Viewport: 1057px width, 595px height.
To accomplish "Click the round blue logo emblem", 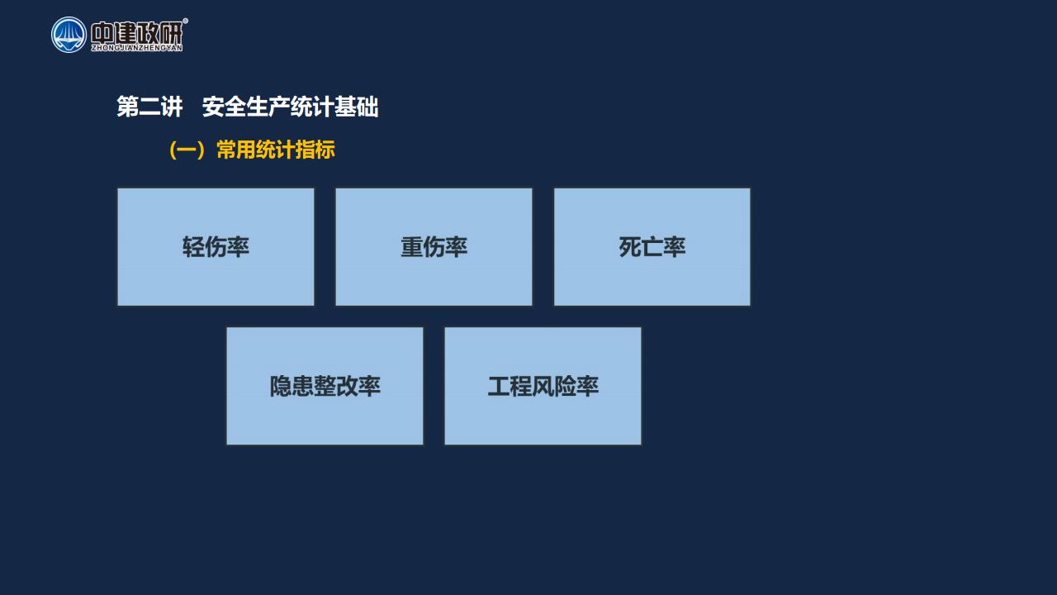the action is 69,35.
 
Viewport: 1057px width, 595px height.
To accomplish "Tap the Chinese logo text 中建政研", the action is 136,32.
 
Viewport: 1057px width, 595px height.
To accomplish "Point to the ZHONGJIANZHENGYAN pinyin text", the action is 137,48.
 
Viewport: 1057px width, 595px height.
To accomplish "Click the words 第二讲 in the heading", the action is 149,107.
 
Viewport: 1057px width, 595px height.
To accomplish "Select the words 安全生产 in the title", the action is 246,107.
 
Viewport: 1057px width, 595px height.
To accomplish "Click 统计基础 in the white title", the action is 334,107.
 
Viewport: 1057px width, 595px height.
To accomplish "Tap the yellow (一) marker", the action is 187,150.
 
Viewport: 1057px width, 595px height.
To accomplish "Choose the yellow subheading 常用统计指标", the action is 276,150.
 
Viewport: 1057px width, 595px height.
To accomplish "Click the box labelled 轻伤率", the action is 216,247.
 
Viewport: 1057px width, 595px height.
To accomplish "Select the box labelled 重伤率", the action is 434,247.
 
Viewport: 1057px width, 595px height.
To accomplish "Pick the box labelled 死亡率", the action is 652,247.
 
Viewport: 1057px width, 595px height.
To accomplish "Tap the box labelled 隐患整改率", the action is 325,386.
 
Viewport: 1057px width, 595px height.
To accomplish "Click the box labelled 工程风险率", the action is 543,386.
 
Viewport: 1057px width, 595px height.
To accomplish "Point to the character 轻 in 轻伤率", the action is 193,247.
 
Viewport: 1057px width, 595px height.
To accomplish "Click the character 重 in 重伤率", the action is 411,247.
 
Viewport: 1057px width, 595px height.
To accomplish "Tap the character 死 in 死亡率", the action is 630,247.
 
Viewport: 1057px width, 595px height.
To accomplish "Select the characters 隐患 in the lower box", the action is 292,386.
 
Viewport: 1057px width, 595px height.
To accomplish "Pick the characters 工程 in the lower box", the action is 510,386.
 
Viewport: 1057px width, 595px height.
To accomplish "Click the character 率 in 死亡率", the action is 675,247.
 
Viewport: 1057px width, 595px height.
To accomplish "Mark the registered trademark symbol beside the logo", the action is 185,21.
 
